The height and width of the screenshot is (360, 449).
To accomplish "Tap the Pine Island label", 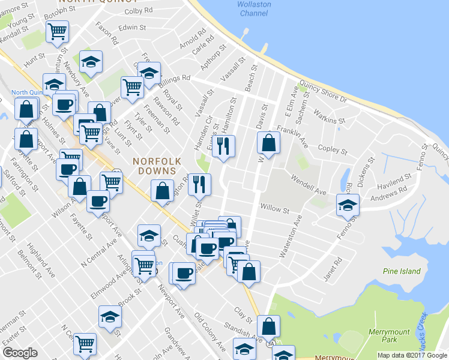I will click(x=402, y=271).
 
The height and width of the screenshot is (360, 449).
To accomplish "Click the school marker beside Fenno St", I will click(x=348, y=205).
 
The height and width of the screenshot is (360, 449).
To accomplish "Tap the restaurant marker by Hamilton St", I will click(x=224, y=146).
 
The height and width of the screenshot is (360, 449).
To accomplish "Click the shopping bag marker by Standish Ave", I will click(x=270, y=326).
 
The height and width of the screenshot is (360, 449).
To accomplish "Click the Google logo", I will click(x=20, y=353).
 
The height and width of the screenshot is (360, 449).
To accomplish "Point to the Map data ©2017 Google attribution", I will click(x=412, y=355).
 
